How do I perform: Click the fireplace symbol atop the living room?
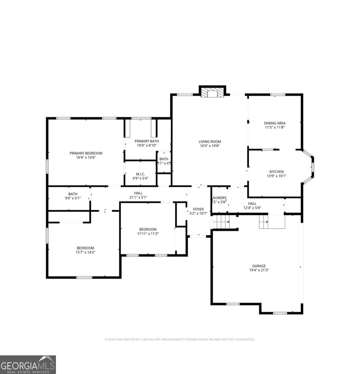click(x=212, y=93)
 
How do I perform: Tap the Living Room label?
click(x=210, y=141)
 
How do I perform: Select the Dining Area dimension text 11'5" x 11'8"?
click(x=275, y=127)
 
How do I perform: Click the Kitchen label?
click(x=276, y=172)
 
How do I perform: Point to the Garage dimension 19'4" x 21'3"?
click(x=259, y=270)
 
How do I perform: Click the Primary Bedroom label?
click(x=86, y=153)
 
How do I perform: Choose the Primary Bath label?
click(x=147, y=141)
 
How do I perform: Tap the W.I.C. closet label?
click(x=140, y=174)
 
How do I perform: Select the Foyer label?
click(x=198, y=209)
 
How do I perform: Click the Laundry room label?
click(x=219, y=198)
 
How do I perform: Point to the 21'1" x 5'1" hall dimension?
click(x=138, y=197)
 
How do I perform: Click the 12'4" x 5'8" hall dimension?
click(x=252, y=208)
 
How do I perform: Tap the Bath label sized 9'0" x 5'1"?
click(x=73, y=194)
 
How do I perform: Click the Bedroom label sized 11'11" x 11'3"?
click(x=148, y=229)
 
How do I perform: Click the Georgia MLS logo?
click(x=28, y=364)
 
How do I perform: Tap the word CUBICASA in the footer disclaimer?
click(x=145, y=339)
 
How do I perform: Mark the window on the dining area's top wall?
click(x=277, y=94)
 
